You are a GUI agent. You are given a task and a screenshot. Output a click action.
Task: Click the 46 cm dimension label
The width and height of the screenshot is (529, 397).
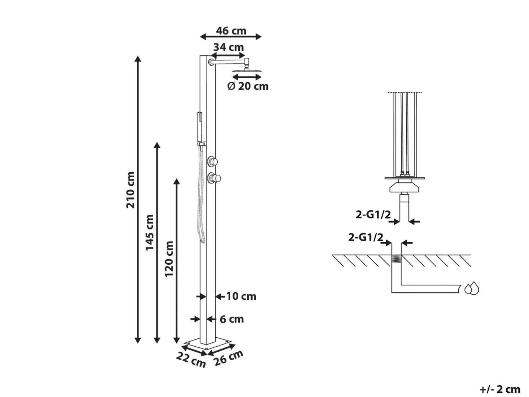(231, 31)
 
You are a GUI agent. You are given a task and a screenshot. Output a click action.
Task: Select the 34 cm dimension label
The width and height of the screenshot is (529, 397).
(229, 47)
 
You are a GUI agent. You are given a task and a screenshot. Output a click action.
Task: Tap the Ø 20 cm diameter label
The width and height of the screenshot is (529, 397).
(248, 86)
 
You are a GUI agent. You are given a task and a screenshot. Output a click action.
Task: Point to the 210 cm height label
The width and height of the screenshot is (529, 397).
(130, 190)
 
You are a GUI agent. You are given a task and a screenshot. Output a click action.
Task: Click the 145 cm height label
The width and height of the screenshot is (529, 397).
(150, 233)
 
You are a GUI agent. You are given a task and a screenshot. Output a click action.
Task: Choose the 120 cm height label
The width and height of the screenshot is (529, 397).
(169, 259)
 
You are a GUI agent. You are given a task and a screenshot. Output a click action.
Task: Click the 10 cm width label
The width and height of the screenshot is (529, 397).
(241, 296)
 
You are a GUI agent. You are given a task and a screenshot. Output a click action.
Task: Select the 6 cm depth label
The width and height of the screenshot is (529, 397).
(232, 319)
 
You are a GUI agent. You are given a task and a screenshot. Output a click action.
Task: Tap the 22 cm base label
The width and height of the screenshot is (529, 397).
(191, 360)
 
